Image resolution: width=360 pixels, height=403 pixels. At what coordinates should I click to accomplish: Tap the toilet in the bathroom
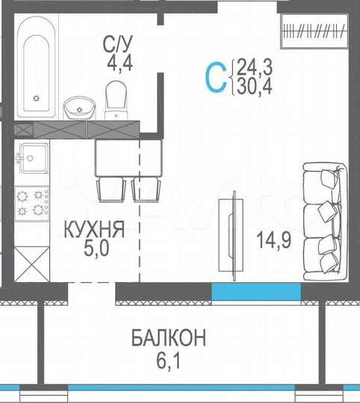(x=117, y=99)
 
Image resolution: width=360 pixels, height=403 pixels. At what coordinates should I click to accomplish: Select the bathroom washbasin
(x=77, y=108)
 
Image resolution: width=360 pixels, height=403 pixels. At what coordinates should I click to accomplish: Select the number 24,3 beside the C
(x=252, y=69)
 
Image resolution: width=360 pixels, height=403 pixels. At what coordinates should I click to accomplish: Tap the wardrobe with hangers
(x=314, y=31)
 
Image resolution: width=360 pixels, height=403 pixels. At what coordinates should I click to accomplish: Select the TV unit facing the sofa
(x=231, y=233)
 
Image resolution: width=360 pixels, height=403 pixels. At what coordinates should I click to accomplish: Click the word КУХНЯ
(x=92, y=231)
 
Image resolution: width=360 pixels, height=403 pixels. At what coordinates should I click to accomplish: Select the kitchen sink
(x=33, y=157)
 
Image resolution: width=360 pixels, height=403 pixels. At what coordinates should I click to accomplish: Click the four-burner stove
(x=32, y=203)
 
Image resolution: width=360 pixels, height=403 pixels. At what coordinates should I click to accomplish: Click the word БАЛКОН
(x=169, y=339)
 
